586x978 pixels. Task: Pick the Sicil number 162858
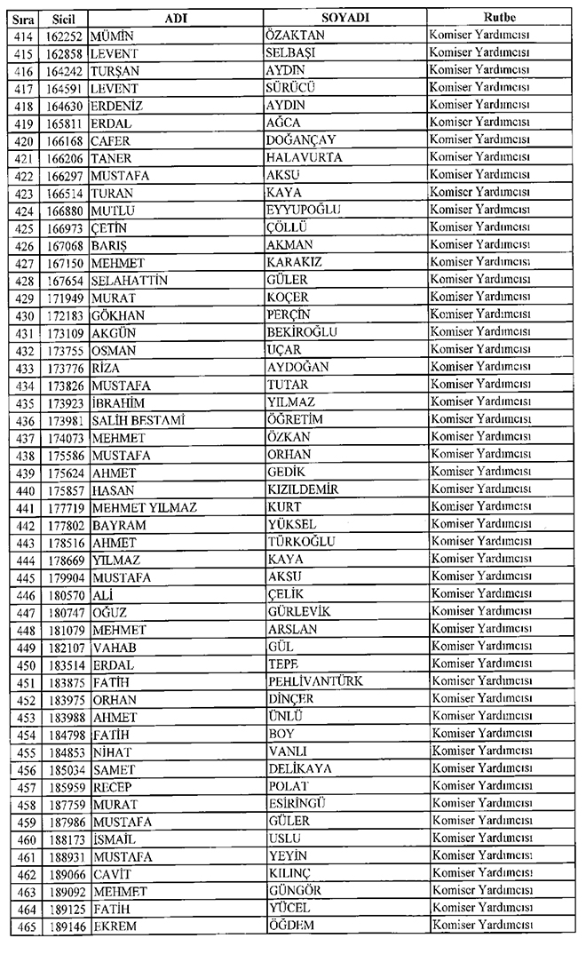coord(64,52)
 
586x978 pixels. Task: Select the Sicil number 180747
coord(64,612)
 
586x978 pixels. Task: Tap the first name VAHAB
coord(113,647)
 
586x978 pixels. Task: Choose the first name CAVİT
coord(111,874)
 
